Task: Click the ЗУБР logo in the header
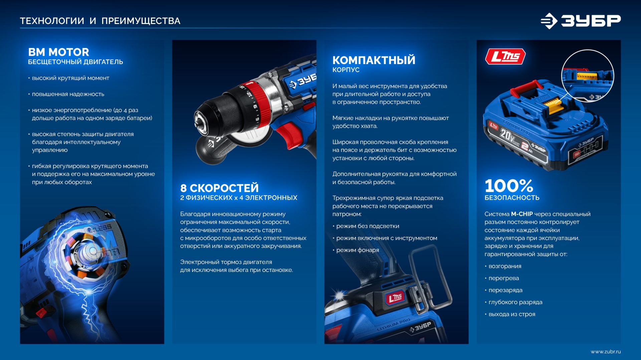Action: coord(581,21)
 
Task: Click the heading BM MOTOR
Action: coord(58,52)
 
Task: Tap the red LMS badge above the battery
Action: coord(505,56)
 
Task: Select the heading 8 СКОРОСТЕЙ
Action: coord(219,188)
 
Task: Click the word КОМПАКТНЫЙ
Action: coord(374,60)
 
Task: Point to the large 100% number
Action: coord(508,186)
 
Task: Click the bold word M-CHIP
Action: coord(521,214)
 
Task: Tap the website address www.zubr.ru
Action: coord(605,351)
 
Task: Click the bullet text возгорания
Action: coord(504,266)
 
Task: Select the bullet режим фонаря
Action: coord(357,250)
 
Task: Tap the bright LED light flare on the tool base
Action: coord(339,296)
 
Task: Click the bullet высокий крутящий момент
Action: coord(70,78)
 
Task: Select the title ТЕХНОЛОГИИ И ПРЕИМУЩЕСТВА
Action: coord(100,21)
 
